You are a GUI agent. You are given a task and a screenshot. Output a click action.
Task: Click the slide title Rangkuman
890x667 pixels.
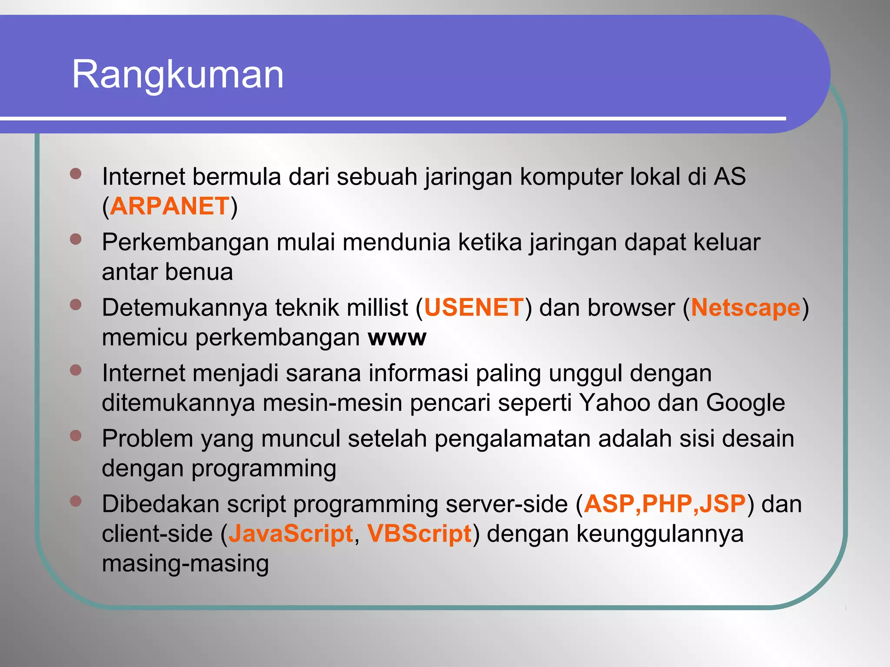tap(178, 75)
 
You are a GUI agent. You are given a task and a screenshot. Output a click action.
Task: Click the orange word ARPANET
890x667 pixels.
tap(169, 206)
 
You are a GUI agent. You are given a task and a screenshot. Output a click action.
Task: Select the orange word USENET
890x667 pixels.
tap(474, 307)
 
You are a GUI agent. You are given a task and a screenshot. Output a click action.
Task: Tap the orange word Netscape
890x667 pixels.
tap(745, 307)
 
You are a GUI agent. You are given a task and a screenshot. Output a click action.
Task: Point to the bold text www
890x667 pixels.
tap(397, 338)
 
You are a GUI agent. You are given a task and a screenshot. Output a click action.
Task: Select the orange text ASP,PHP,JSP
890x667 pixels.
tap(664, 504)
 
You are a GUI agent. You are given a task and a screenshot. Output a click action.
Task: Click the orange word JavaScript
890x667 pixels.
tap(290, 534)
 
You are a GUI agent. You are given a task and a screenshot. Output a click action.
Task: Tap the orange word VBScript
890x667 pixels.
tap(419, 534)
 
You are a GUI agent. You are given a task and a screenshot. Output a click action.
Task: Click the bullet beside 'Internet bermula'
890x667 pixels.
tap(76, 174)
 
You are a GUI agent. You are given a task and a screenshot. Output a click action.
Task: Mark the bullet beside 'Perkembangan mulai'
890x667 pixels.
tap(76, 239)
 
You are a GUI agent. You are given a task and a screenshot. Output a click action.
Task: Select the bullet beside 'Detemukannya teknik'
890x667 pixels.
tap(76, 305)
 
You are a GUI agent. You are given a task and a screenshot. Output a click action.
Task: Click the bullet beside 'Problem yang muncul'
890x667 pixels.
tap(76, 436)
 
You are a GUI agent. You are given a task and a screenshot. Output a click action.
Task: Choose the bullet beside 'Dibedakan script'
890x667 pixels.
tap(76, 501)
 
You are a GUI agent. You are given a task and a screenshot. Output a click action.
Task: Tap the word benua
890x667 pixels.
tap(199, 272)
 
